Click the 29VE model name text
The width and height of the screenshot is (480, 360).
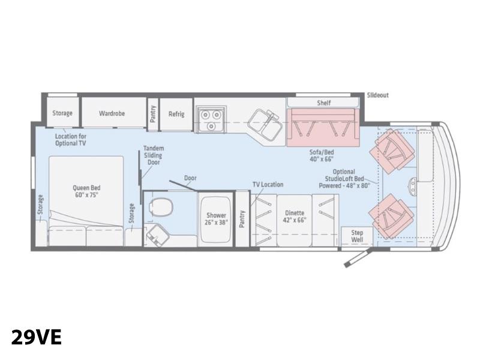coord(37,337)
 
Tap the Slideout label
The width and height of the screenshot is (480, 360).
coord(378,95)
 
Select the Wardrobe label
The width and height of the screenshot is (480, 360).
coord(112,113)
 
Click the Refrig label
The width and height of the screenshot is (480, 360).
coord(176,114)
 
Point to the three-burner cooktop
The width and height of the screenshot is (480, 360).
coord(211,119)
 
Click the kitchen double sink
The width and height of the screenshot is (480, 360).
coord(265,125)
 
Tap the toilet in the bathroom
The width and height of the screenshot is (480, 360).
coord(161,207)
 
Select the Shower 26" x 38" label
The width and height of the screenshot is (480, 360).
coord(216,219)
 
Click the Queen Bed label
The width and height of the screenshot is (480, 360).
coord(86,191)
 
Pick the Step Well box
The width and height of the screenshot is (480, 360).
coord(357,236)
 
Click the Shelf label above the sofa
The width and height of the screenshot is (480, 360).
coord(323,103)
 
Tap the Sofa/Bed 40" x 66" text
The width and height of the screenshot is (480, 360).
coord(322,155)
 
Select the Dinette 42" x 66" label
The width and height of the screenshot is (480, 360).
coord(295,217)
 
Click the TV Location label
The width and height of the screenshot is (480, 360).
coord(268,185)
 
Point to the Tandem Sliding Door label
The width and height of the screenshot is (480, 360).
coord(154,155)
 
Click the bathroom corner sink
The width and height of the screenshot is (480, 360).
coord(158,235)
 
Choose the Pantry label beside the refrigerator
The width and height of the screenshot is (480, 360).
coord(153,114)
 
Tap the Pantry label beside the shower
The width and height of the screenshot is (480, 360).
coord(242,219)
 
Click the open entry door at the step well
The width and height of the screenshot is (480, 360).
coord(358,258)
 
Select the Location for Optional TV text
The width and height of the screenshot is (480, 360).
coord(71,140)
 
